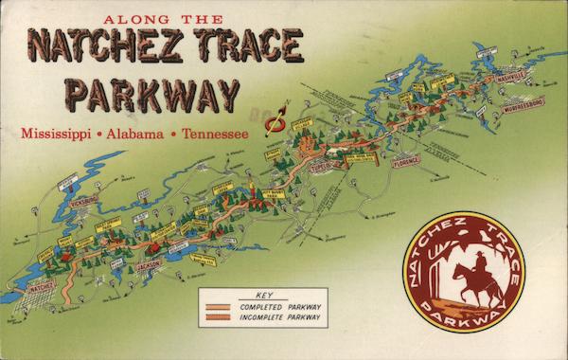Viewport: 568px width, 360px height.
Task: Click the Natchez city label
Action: point(41,283)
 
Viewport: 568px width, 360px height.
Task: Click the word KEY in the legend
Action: point(262,296)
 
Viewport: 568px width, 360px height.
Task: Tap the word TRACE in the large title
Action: point(249,45)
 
